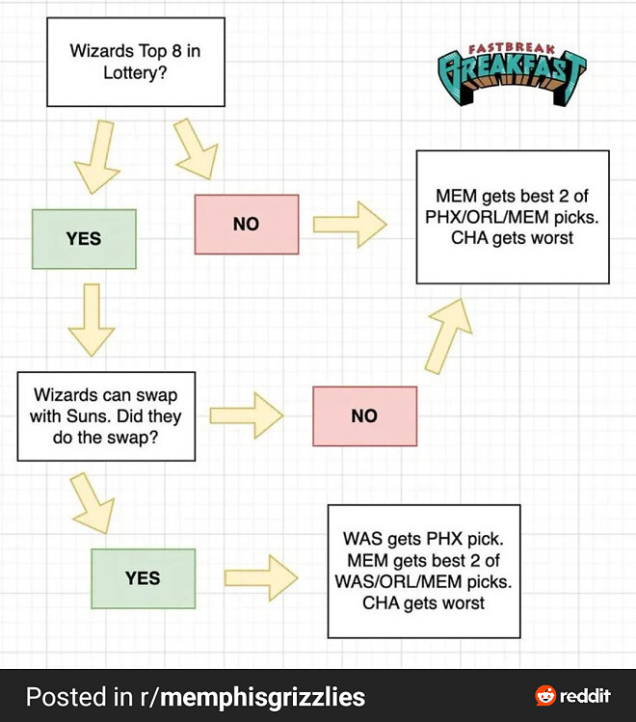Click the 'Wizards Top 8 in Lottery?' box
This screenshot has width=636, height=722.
[136, 62]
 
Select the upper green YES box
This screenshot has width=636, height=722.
[84, 238]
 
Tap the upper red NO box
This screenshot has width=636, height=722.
[246, 224]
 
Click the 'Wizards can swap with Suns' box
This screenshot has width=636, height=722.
[106, 415]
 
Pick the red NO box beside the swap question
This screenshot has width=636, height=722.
[364, 415]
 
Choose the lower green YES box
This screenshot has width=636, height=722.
[143, 578]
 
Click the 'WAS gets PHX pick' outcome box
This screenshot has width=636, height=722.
[423, 571]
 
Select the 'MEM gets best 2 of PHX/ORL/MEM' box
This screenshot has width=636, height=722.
[512, 217]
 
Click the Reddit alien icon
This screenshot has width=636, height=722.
[545, 696]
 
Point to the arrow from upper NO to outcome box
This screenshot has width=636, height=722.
[350, 224]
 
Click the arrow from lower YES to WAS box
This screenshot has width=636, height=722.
[260, 578]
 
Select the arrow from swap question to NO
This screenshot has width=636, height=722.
[246, 415]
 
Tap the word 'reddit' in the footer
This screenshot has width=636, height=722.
[585, 696]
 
